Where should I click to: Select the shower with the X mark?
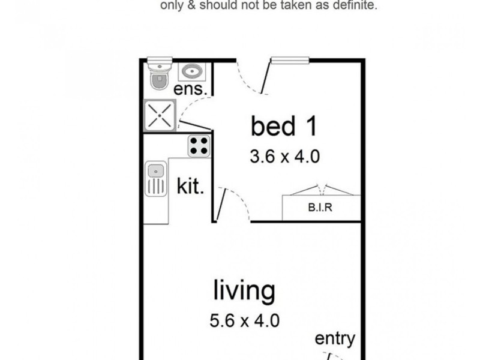[x=160, y=115]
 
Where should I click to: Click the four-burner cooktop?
[x=199, y=145]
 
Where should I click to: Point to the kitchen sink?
[x=155, y=179]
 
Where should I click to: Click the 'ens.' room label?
[x=191, y=90]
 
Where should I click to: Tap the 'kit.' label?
[x=191, y=186]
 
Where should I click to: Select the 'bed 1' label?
[x=283, y=127]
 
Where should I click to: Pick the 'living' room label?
[x=245, y=291]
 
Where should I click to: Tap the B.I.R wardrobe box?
[x=322, y=209]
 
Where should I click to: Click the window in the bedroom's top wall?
[x=290, y=59]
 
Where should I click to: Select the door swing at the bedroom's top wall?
[x=252, y=78]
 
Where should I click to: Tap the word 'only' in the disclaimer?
[x=170, y=7]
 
